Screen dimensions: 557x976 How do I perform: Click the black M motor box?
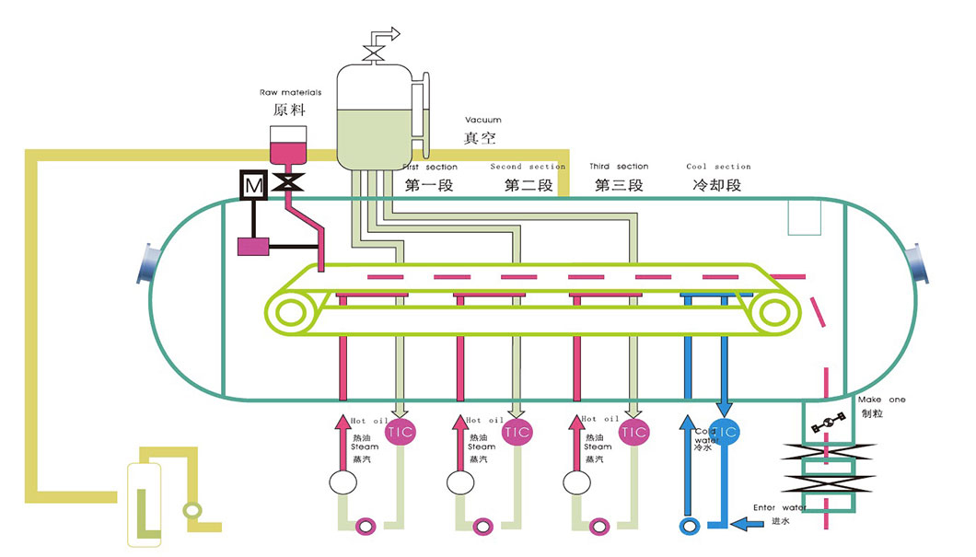click(254, 186)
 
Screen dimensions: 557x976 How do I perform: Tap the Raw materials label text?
click(288, 93)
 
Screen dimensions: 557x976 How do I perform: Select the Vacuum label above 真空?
click(483, 121)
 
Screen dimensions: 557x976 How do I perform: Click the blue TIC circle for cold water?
click(726, 431)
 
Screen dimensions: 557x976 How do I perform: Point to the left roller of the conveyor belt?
click(288, 313)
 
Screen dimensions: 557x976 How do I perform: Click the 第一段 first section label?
click(430, 185)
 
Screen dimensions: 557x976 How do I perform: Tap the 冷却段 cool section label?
click(716, 185)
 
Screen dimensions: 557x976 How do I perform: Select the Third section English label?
click(619, 167)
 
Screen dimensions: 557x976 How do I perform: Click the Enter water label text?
click(780, 507)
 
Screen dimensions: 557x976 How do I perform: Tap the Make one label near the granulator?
click(881, 400)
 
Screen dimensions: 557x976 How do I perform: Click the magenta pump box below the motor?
click(254, 247)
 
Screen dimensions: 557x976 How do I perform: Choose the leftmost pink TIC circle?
click(401, 431)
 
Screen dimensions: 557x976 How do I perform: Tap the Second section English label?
click(528, 167)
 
